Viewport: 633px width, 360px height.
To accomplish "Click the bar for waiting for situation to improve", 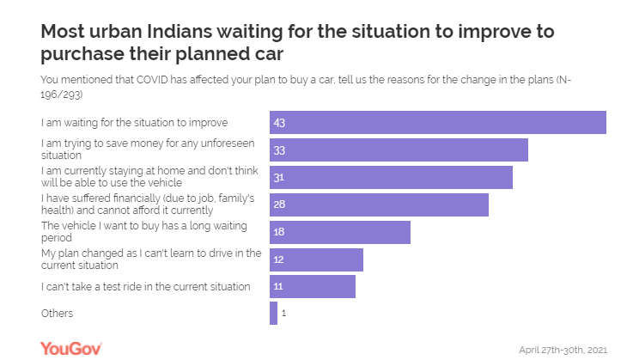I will [438, 123].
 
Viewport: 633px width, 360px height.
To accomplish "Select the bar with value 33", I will [399, 149].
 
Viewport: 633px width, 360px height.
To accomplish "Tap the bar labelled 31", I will [391, 177].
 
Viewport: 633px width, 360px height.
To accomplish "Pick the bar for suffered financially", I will [379, 204].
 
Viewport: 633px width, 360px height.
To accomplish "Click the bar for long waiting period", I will [340, 232].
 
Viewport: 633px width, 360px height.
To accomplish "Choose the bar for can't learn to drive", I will [316, 259].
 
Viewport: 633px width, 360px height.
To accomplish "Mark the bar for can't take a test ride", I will [313, 286].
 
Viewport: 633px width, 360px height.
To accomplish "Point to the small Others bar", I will [273, 314].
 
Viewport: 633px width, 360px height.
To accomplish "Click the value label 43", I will [279, 123].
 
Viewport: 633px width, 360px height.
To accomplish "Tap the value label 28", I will [279, 204].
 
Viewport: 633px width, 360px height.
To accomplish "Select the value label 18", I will [279, 232].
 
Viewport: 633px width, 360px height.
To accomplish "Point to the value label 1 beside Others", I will [283, 314].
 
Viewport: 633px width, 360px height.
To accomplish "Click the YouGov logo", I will [71, 348].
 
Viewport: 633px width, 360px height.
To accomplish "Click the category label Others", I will [58, 314].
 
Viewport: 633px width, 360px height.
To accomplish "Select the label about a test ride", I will [146, 286].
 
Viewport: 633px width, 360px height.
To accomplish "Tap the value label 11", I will [279, 286].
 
